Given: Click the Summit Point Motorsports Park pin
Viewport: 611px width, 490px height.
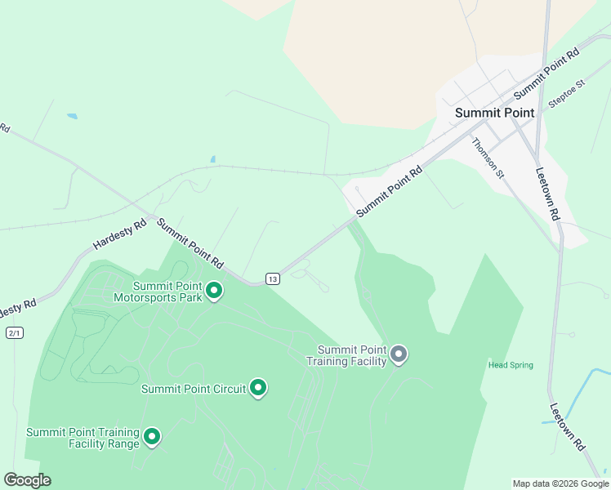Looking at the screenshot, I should click(214, 291).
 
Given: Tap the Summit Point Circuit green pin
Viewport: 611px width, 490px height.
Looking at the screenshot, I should click(258, 388).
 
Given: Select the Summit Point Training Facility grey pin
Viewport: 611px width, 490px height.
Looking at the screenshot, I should click(399, 354).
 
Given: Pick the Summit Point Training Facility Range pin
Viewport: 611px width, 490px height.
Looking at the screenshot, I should click(151, 437).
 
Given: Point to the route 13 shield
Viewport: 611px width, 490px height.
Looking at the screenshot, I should click(273, 279).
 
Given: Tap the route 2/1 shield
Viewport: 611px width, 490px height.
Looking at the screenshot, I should click(14, 332).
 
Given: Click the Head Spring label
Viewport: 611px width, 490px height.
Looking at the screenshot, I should click(511, 365).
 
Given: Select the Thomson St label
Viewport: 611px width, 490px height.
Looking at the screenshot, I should click(489, 158).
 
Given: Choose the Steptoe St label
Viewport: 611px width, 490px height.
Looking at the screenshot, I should click(567, 95).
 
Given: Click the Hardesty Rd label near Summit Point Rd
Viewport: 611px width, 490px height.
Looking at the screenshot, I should click(119, 234).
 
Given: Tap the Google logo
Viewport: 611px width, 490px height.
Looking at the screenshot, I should click(27, 480).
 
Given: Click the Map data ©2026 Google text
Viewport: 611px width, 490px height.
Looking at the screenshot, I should click(561, 483).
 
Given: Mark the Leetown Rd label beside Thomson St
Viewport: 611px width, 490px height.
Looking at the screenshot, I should click(547, 194).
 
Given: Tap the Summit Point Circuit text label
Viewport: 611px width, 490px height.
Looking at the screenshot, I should click(194, 389).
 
